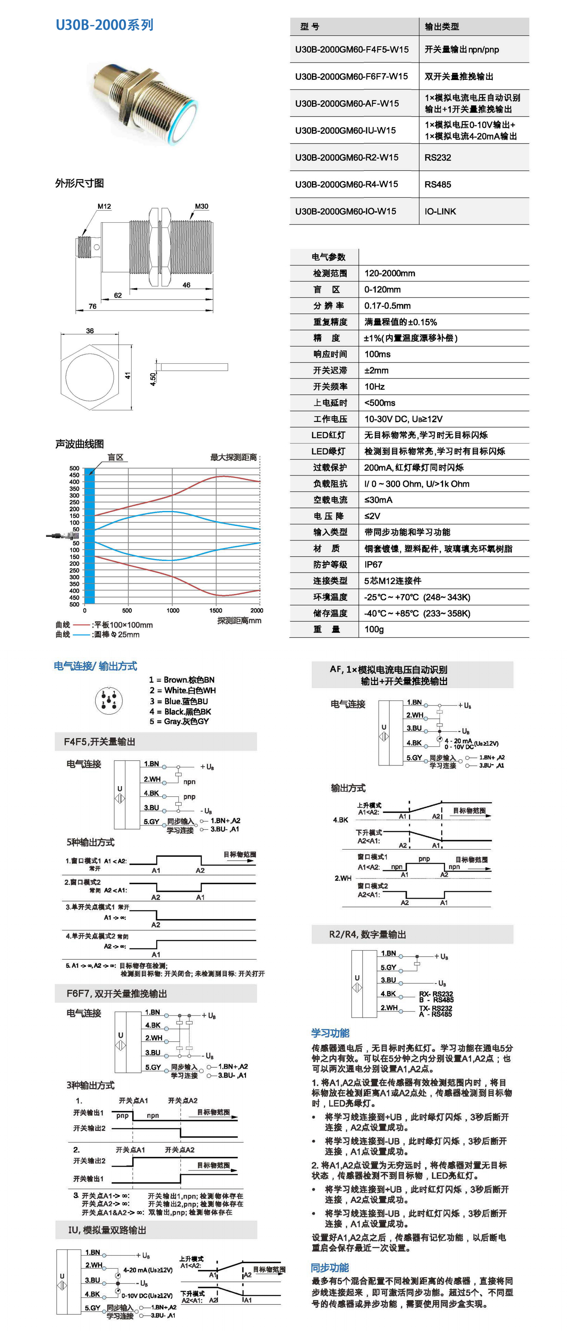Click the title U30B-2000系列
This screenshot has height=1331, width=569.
pos(104,25)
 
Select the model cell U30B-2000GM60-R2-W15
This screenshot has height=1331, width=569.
pos(347,158)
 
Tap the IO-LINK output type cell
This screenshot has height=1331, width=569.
pos(440,211)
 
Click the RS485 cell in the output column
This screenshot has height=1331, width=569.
pos(438,185)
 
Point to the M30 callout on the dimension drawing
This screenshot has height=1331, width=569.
pos(201,206)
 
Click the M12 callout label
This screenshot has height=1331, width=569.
pos(104,206)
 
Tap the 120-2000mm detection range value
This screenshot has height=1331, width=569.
pos(390,273)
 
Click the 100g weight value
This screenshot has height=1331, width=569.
pos(374,629)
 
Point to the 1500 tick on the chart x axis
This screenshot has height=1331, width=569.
pos(216,610)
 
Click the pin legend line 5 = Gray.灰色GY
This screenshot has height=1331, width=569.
pos(179,721)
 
